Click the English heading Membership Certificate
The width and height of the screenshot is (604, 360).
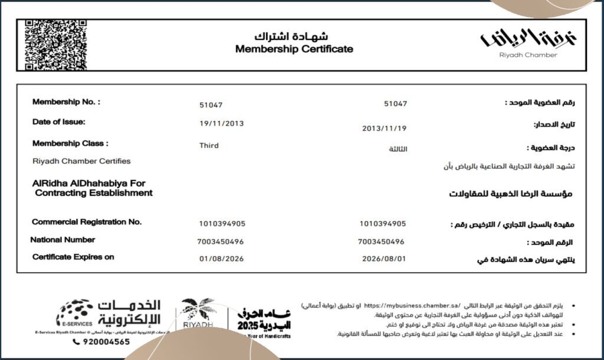(x=294, y=49)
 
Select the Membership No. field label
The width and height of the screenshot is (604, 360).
(x=66, y=102)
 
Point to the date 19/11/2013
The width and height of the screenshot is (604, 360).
(x=221, y=123)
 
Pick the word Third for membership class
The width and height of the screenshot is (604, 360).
(x=209, y=145)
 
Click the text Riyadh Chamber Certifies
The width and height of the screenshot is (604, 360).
(x=81, y=161)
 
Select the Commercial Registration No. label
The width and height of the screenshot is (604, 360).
(x=87, y=222)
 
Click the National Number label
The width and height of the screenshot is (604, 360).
(x=63, y=240)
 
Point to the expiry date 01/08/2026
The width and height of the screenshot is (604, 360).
(x=221, y=258)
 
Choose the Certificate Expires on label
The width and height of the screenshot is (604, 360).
(x=73, y=257)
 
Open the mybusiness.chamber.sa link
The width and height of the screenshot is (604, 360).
(x=412, y=306)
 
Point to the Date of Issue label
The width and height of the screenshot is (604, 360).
(x=59, y=122)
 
